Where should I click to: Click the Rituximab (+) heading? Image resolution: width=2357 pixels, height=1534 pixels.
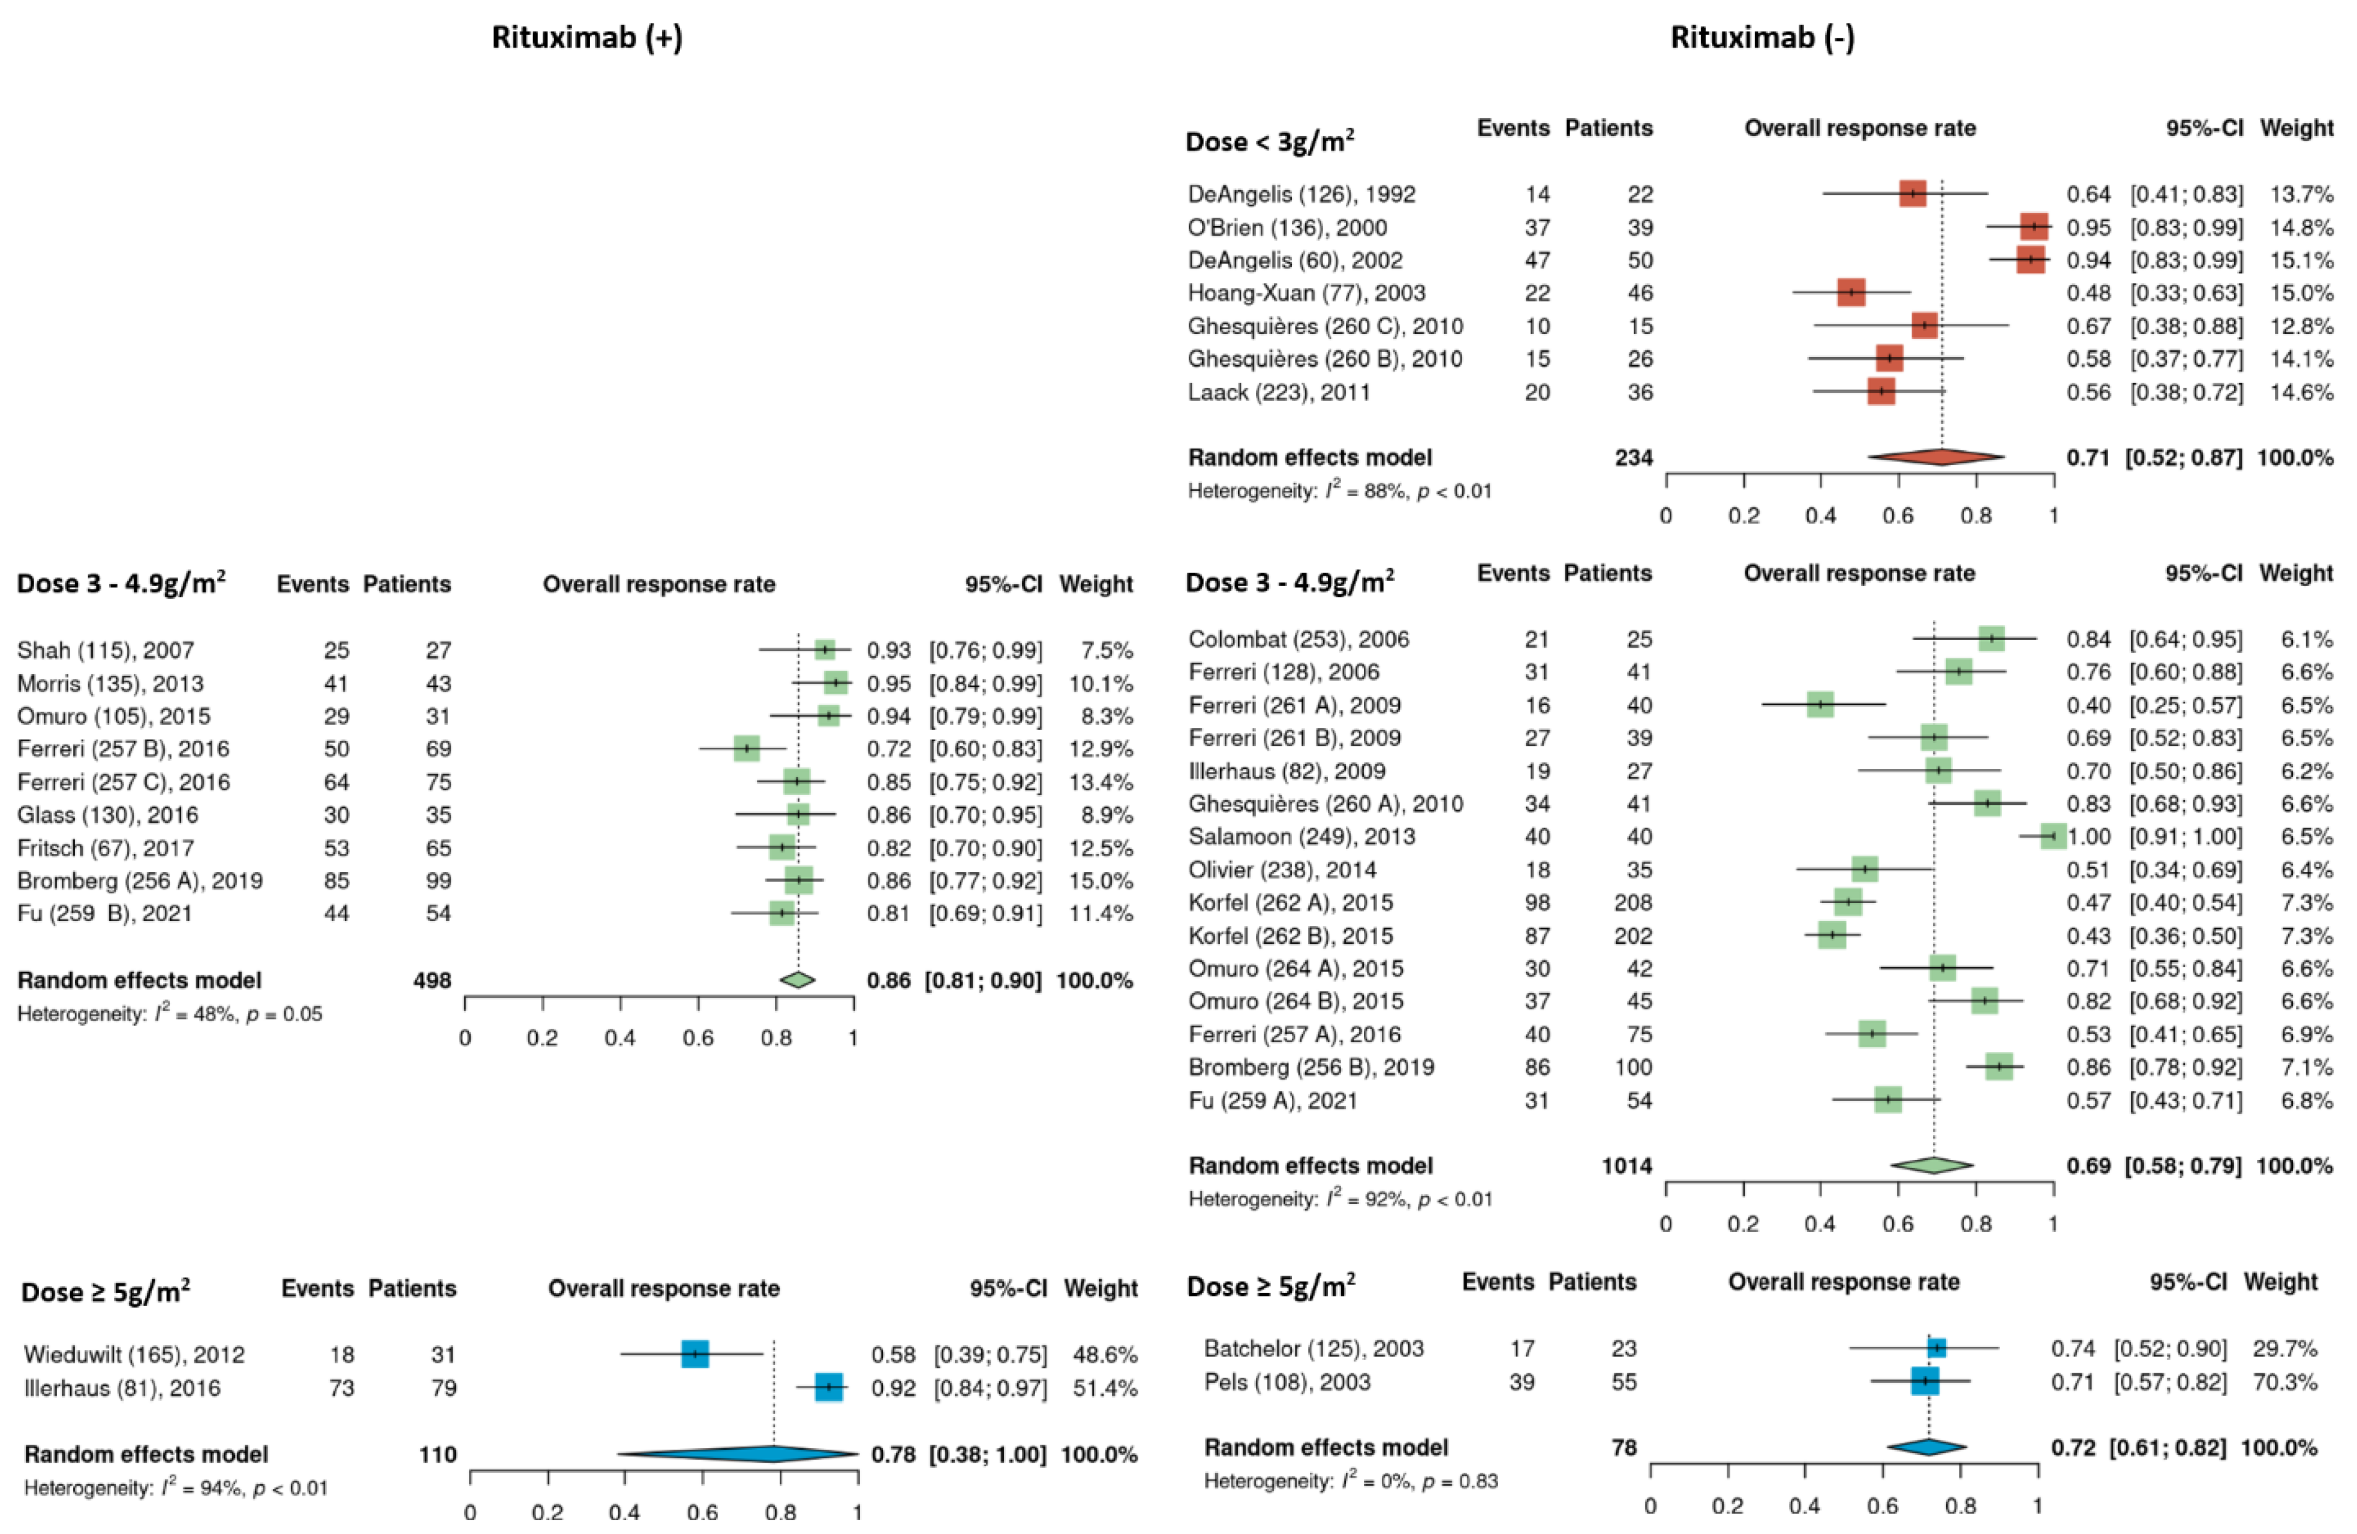click(587, 38)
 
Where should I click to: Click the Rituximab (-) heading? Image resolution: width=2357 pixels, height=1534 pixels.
click(1762, 38)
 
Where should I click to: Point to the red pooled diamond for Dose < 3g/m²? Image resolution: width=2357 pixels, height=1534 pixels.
click(1936, 456)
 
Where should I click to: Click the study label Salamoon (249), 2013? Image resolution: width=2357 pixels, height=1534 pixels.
click(1301, 837)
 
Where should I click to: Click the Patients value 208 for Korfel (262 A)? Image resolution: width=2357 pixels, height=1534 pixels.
click(1632, 902)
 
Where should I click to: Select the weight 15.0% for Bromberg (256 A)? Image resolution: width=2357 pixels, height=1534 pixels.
click(1101, 880)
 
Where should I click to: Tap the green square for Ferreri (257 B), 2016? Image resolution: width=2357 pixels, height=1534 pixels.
click(747, 748)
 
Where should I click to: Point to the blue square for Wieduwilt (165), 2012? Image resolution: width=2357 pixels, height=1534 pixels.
click(695, 1353)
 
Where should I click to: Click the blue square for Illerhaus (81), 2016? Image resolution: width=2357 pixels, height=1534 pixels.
click(828, 1388)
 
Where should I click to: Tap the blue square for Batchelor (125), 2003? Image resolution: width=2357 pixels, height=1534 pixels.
click(1936, 1348)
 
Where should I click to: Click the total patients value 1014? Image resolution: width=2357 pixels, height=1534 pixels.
click(1626, 1166)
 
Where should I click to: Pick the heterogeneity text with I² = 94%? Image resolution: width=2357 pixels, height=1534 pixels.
click(175, 1487)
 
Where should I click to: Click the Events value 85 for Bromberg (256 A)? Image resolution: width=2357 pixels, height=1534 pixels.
click(336, 880)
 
